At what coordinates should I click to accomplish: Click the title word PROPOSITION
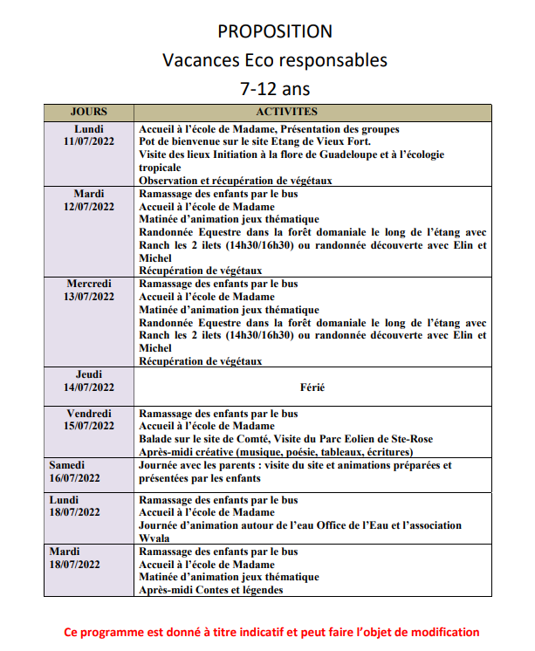[275, 31]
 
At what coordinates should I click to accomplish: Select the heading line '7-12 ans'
[275, 89]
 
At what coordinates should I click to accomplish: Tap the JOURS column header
[89, 112]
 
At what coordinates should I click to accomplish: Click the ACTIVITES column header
[286, 112]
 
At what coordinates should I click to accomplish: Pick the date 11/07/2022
[90, 141]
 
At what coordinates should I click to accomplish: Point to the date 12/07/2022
[90, 207]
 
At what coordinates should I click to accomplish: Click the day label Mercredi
[90, 284]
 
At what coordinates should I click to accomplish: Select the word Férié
[312, 387]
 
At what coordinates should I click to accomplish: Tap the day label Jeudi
[90, 374]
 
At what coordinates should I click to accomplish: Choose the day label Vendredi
[90, 414]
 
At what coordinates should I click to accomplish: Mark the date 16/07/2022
[75, 478]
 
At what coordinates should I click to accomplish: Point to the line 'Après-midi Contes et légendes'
[210, 590]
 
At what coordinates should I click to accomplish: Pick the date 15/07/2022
[90, 426]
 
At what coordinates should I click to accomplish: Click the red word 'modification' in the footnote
[445, 632]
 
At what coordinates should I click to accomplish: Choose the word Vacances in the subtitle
[196, 60]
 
